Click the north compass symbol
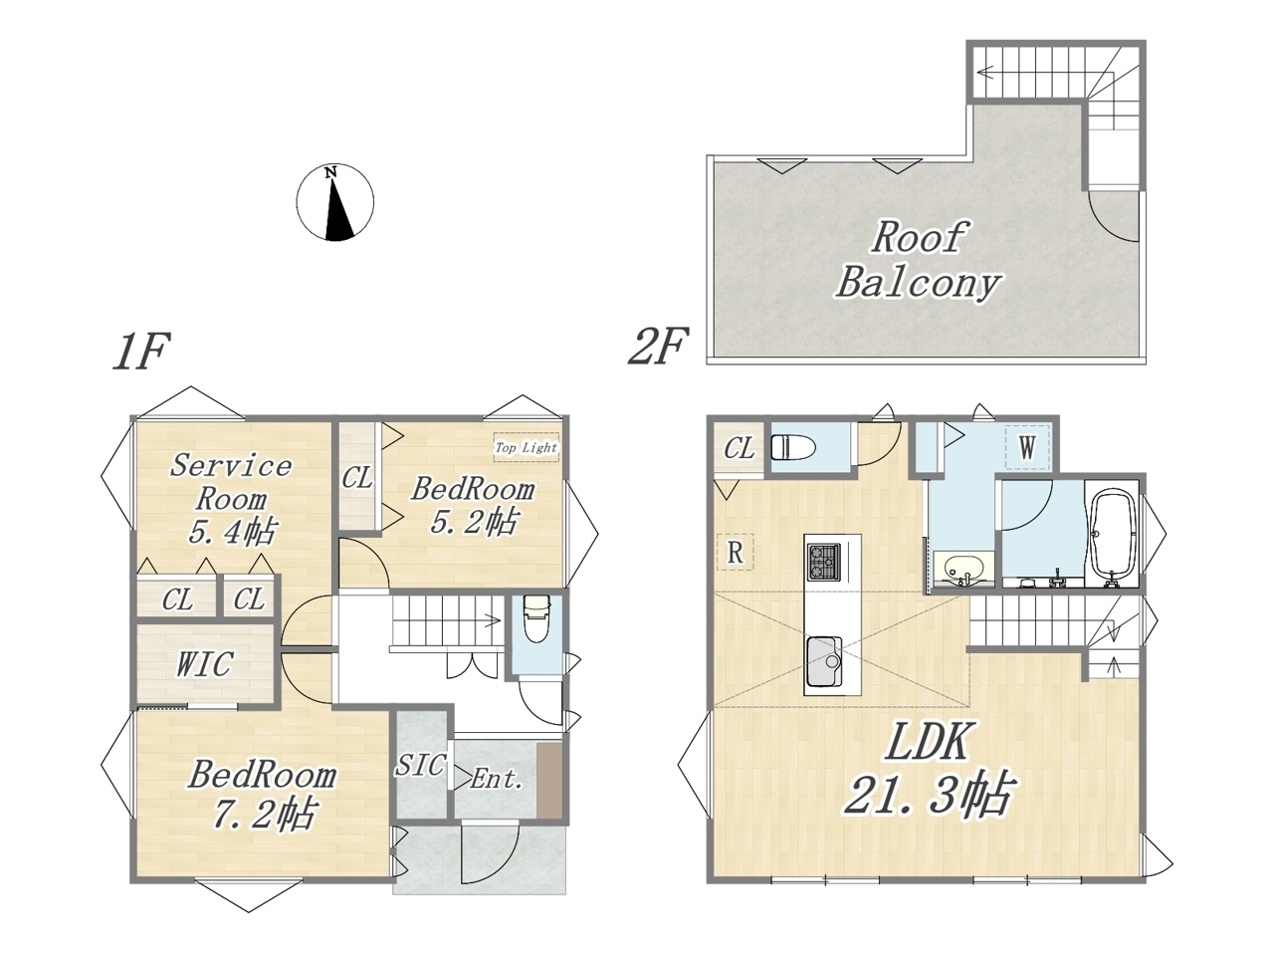click(334, 202)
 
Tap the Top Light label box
click(526, 447)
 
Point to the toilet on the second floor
click(793, 448)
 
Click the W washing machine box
click(1027, 447)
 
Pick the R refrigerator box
click(736, 552)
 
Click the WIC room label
click(205, 664)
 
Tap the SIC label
click(421, 765)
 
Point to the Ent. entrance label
click(497, 779)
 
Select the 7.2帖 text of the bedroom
click(265, 814)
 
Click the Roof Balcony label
click(919, 260)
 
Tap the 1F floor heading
click(141, 352)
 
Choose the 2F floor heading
click(659, 347)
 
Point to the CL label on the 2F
click(740, 448)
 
